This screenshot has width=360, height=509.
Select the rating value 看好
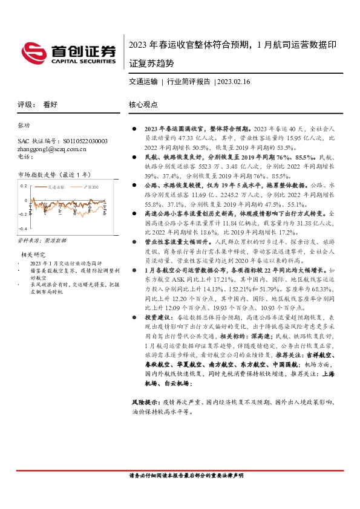[50, 104]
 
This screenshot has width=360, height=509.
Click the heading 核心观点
[143, 104]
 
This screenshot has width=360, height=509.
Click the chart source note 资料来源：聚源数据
[41, 241]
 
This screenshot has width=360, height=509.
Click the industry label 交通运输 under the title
[143, 81]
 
